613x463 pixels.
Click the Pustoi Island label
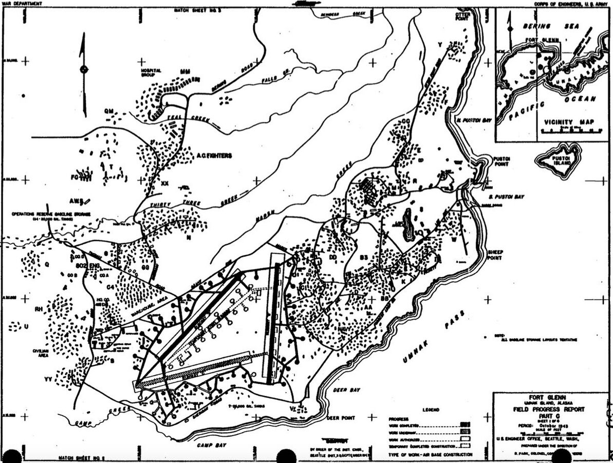click(559, 160)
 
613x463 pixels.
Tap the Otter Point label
click(462, 16)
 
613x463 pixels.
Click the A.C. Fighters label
click(214, 155)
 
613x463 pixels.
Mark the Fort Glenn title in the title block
click(550, 397)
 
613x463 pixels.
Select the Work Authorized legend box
click(465, 440)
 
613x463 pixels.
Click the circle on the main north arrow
click(84, 69)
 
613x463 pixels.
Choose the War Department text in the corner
click(18, 3)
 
